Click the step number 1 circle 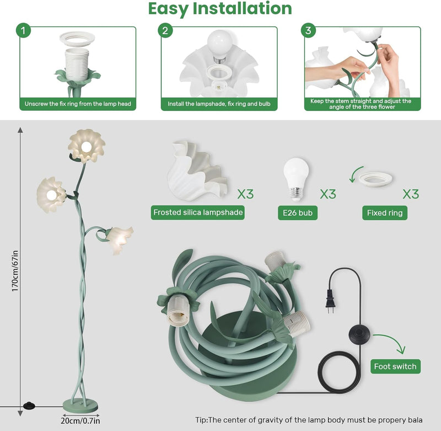tap(23, 30)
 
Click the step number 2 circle tap(165, 30)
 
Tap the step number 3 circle tap(308, 30)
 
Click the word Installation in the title tap(242, 9)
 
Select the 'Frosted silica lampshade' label tap(198, 212)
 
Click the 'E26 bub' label tap(298, 213)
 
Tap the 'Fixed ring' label tap(385, 213)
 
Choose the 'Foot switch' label tap(395, 366)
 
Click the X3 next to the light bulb tap(328, 194)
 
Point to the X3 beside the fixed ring tap(411, 194)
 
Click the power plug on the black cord tap(330, 301)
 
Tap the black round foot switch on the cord tap(360, 334)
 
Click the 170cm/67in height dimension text tap(15, 271)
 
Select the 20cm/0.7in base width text tap(80, 421)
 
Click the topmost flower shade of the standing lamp tap(87, 146)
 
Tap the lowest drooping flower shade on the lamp tap(119, 240)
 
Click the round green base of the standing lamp tap(80, 406)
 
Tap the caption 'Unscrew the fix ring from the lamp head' tap(78, 104)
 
